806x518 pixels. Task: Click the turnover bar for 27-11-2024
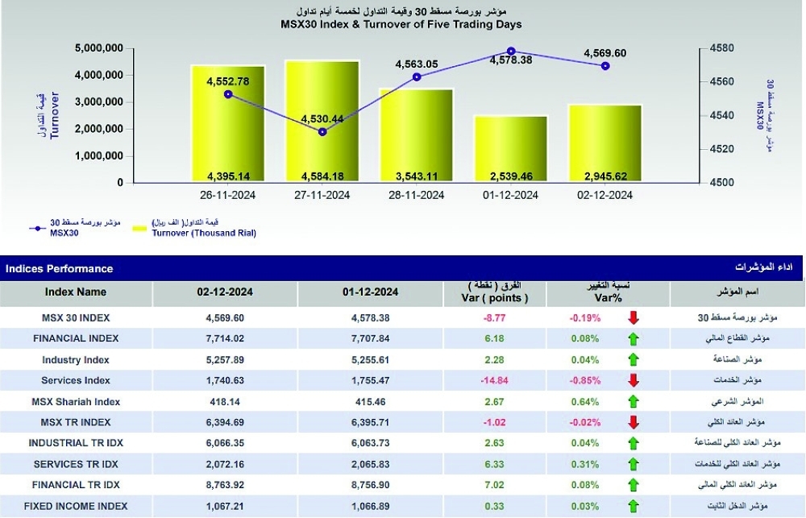[x=322, y=122]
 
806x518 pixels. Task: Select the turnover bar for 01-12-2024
[x=511, y=149]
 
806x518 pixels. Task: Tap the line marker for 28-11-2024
[x=417, y=77]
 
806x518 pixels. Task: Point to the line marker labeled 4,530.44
[x=323, y=132]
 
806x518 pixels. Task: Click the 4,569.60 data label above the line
[x=605, y=53]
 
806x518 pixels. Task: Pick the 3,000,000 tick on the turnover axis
[x=98, y=102]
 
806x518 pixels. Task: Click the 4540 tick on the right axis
[x=721, y=116]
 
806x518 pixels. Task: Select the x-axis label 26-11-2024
[x=228, y=195]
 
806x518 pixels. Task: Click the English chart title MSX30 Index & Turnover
[x=401, y=24]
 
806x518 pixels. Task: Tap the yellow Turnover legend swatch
[x=139, y=228]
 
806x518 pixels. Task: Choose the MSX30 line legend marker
[x=38, y=228]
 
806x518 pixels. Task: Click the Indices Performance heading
[x=59, y=269]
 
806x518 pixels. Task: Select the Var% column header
[x=608, y=298]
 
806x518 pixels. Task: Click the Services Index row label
[x=76, y=381]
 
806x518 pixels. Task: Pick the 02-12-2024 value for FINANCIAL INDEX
[x=225, y=338]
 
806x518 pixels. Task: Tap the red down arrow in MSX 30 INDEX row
[x=634, y=317]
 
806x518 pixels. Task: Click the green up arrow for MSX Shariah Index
[x=634, y=401]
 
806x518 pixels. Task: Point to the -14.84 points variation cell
[x=495, y=381]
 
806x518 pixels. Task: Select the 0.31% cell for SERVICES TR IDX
[x=585, y=465]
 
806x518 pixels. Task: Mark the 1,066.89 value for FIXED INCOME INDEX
[x=370, y=506]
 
